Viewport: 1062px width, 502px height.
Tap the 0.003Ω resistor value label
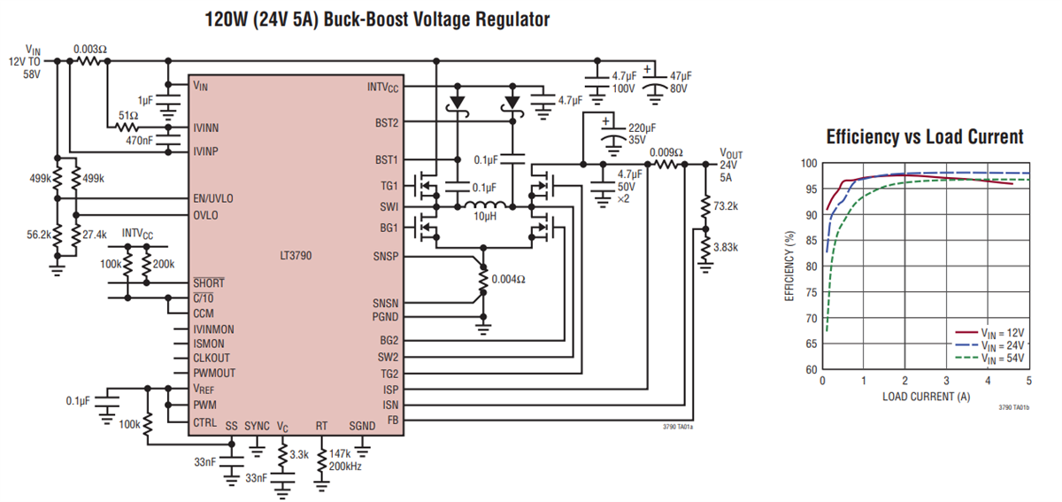(91, 49)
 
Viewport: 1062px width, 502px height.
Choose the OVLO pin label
(206, 215)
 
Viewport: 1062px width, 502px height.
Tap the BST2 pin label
(386, 122)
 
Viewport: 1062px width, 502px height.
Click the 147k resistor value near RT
(341, 452)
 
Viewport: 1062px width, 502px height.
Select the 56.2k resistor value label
(37, 235)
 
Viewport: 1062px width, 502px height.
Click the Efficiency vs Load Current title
(924, 137)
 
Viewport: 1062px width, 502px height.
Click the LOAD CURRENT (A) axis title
(925, 397)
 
